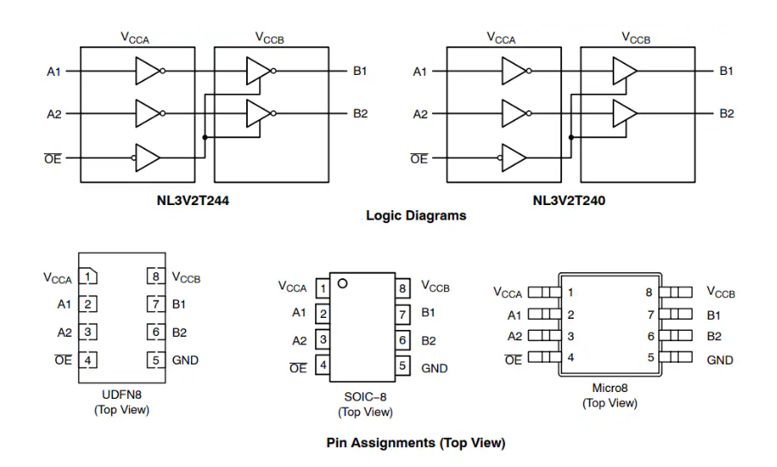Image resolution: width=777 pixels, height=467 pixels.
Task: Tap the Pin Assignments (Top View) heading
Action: (x=416, y=443)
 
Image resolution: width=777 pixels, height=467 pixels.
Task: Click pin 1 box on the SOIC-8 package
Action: (x=322, y=288)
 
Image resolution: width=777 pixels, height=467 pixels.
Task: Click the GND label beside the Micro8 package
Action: (x=720, y=359)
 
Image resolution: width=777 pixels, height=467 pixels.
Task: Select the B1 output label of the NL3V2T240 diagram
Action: (x=726, y=71)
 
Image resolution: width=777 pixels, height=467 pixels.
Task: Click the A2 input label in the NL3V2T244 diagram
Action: (x=54, y=114)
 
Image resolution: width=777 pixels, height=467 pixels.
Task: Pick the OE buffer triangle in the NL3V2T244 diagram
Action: (x=147, y=159)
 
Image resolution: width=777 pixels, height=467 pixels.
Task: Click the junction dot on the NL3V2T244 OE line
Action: (x=204, y=137)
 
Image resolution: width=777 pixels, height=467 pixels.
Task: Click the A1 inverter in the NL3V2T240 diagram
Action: (x=515, y=71)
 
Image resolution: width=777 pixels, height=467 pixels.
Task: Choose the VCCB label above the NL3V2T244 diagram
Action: (x=268, y=38)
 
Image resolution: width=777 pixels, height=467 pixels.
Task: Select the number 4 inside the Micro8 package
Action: (x=570, y=357)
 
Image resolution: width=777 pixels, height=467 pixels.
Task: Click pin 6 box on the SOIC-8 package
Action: (x=402, y=340)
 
